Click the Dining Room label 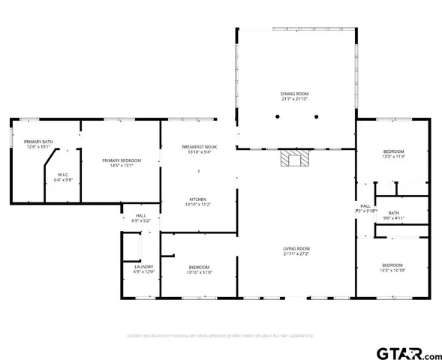click(x=296, y=94)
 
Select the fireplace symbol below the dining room click(x=295, y=158)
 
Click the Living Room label click(x=296, y=248)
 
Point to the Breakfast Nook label click(x=200, y=146)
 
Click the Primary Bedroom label click(x=122, y=160)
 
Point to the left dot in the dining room click(x=277, y=117)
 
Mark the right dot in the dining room click(x=316, y=117)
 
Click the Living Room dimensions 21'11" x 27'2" click(x=296, y=253)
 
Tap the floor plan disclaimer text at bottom click(x=221, y=335)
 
